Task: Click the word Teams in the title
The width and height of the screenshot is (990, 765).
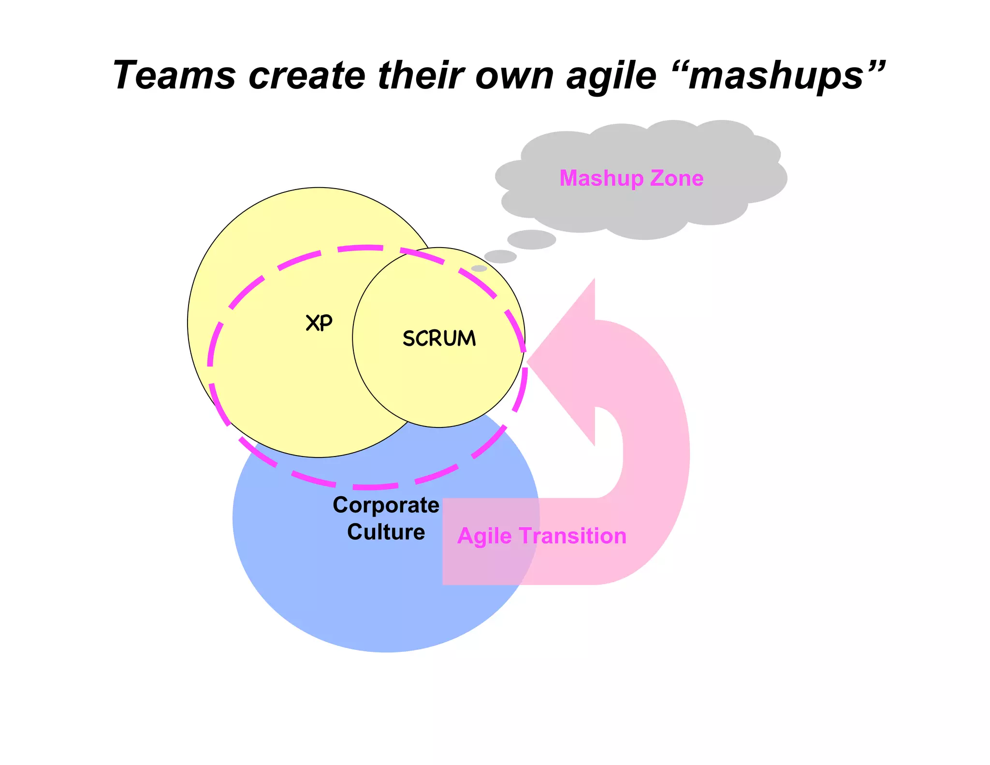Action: (174, 75)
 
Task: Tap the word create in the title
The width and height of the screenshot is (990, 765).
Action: (306, 75)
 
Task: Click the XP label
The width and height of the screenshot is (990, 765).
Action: (319, 323)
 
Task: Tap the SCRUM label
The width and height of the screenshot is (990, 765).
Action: (439, 338)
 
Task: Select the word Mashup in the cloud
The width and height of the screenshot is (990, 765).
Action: (601, 178)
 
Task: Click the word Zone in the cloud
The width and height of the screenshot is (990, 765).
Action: (676, 178)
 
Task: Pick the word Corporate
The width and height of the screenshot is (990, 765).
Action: (386, 505)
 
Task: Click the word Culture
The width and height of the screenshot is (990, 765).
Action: (386, 531)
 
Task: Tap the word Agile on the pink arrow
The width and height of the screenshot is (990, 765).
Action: (484, 536)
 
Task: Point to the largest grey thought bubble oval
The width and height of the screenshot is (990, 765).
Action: (531, 239)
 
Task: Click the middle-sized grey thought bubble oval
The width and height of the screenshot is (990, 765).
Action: (500, 256)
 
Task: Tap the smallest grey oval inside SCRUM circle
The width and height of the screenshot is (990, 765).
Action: (479, 268)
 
